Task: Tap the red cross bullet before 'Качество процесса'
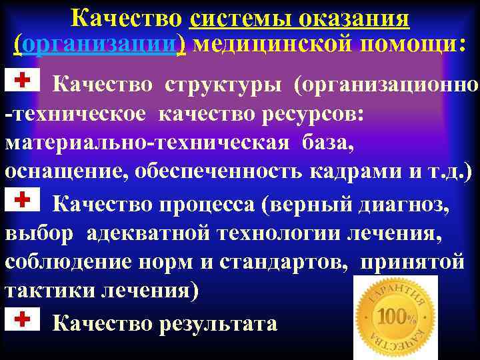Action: tap(23, 199)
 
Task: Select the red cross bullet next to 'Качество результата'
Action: tap(23, 320)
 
